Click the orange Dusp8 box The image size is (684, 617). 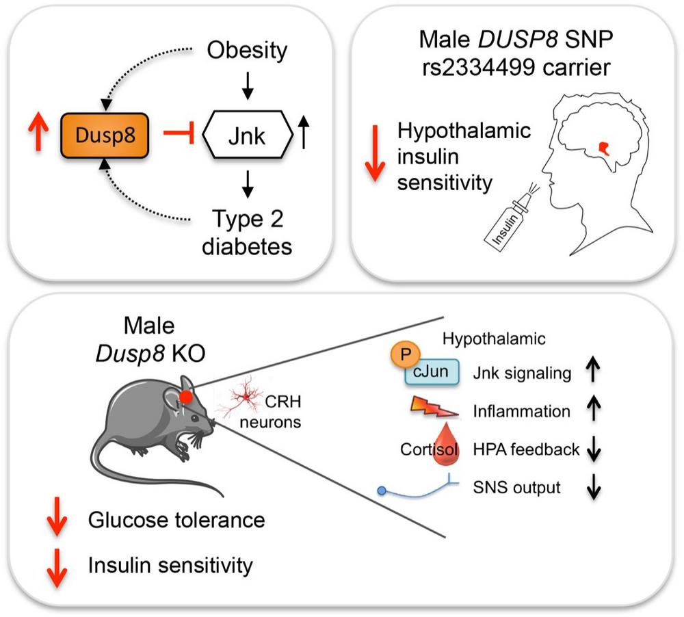coord(105,135)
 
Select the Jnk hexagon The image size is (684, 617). coord(247,135)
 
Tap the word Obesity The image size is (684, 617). coord(247,50)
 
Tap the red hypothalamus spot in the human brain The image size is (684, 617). coord(604,148)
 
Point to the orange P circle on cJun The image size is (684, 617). coord(405,354)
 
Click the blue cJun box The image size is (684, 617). coord(432,372)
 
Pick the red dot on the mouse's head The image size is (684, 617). coord(186,397)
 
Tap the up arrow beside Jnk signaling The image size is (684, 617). coord(593,369)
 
